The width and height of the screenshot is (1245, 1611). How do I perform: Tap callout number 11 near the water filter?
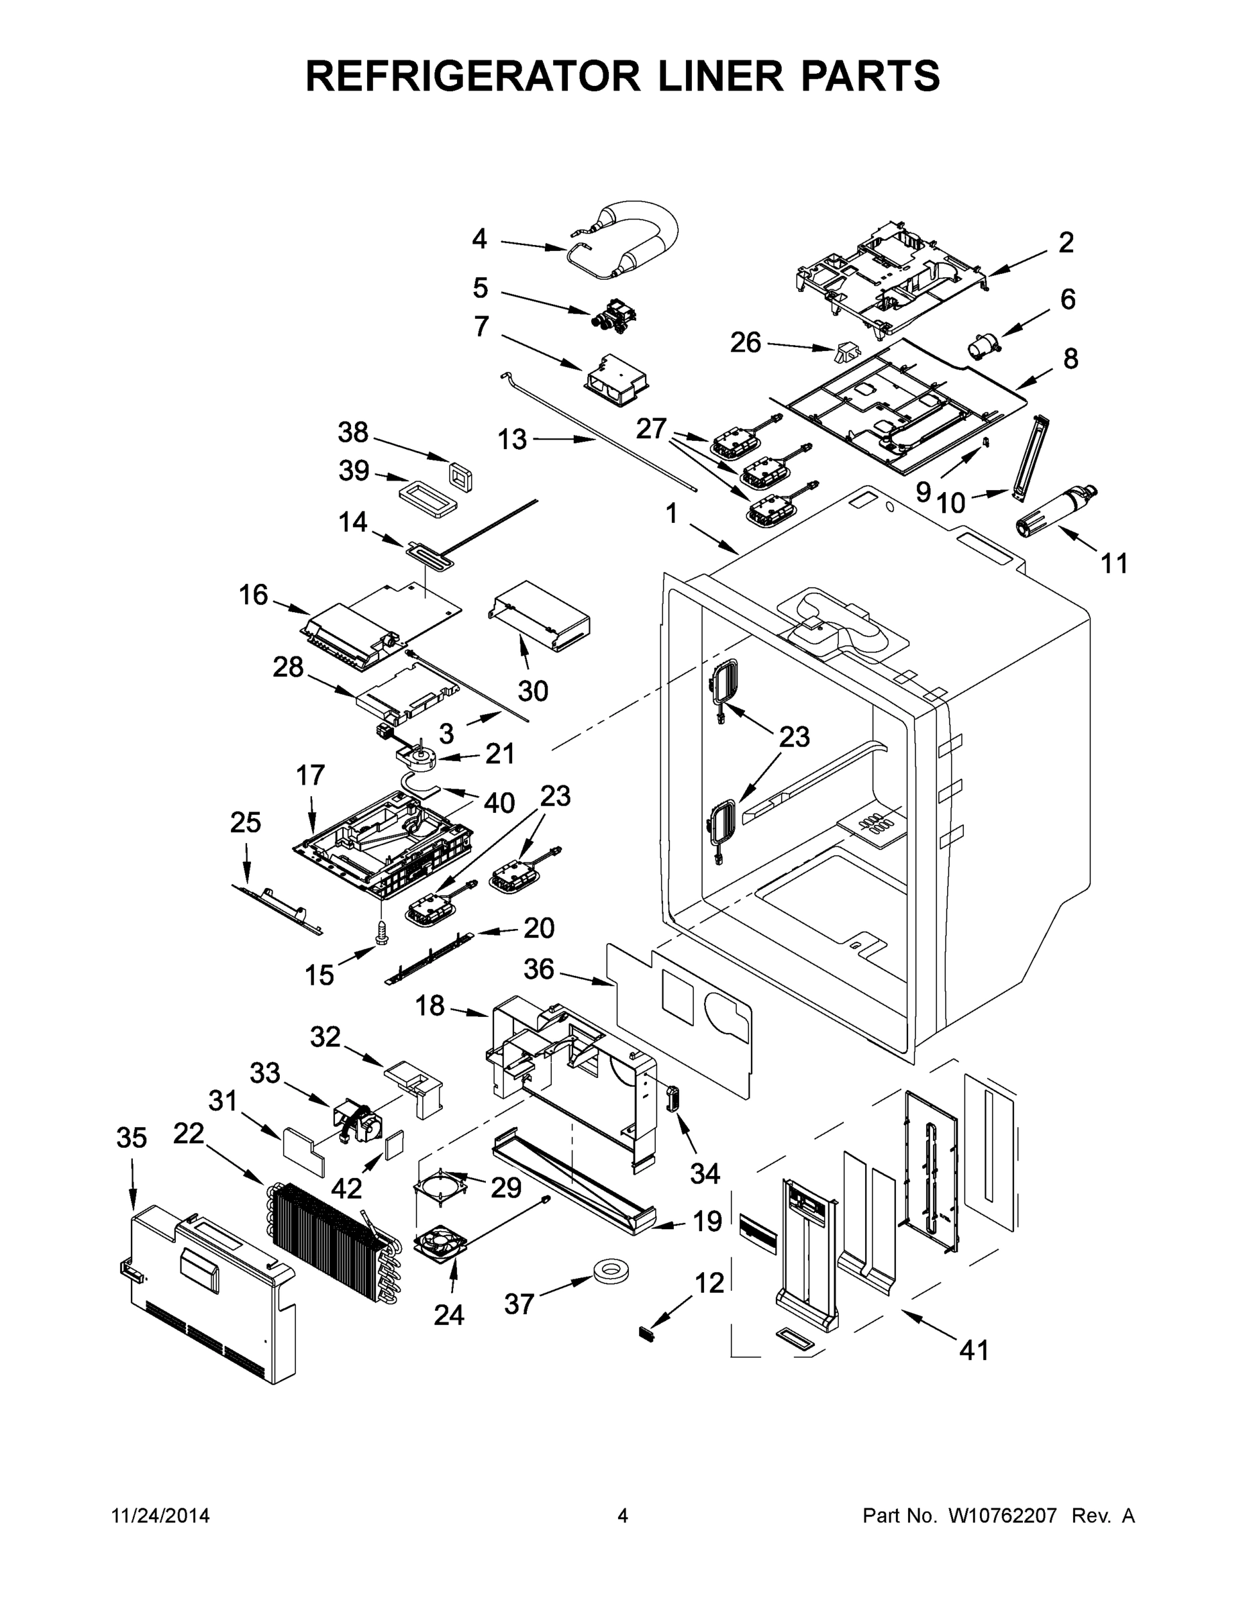[1113, 564]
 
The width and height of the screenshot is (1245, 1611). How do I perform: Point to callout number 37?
[519, 1304]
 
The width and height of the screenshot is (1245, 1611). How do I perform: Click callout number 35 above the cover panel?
[132, 1138]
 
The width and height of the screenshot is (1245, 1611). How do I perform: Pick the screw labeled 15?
[381, 932]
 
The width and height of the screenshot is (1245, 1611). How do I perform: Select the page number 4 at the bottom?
[623, 1516]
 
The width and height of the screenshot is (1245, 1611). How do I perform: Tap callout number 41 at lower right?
[974, 1350]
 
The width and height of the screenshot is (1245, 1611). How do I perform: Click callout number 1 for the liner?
[671, 514]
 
